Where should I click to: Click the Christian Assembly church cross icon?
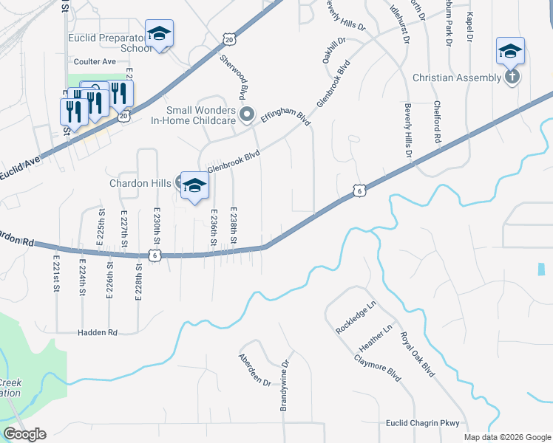511,77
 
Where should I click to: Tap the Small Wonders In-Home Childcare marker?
248,114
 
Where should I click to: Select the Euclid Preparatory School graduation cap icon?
159,33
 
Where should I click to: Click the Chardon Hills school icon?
194,185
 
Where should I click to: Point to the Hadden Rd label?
98,333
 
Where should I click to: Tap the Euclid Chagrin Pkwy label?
423,423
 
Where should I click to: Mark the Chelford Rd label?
438,123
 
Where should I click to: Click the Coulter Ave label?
95,62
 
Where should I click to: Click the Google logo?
24,434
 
